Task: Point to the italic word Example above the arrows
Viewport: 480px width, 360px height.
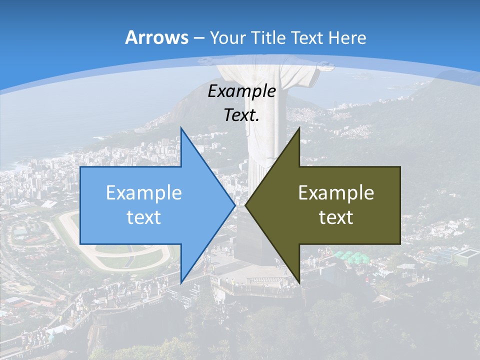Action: coord(242,91)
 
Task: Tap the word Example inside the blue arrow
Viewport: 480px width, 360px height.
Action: coord(144,192)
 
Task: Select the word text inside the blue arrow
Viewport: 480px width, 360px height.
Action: coord(144,217)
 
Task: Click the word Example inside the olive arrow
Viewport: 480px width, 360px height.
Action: coord(336,192)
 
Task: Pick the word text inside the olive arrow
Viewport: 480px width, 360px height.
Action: coord(336,217)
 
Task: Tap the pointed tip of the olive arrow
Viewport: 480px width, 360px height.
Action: coord(246,205)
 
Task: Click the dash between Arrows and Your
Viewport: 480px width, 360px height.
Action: coord(198,38)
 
